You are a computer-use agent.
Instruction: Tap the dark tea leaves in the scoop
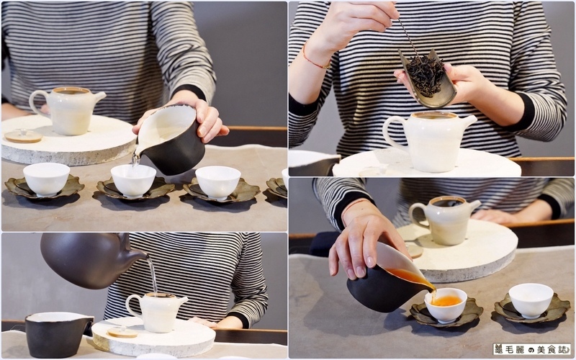coord(426,76)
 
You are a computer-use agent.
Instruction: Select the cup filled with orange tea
coord(446,305)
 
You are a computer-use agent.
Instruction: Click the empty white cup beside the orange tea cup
coord(531,300)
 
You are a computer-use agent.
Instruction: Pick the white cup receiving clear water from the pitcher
coord(133,181)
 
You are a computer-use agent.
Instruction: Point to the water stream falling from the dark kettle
coord(153,275)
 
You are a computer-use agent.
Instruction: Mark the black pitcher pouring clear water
coord(170,140)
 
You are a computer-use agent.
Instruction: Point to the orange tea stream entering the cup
coord(433,293)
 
